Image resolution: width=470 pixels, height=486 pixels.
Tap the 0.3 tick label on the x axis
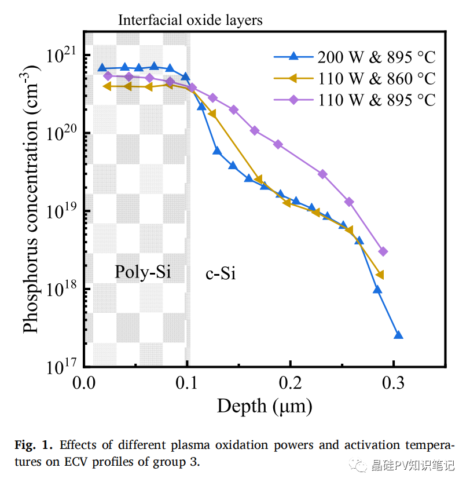point(394,383)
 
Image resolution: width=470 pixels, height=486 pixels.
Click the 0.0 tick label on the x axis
point(84,383)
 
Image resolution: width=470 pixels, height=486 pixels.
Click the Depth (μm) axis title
point(265,406)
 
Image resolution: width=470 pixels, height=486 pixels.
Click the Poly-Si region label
point(142,272)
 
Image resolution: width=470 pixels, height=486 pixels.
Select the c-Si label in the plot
point(221,273)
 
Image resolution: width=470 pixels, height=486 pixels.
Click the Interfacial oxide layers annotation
point(190,20)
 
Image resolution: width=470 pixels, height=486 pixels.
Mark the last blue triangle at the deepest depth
point(398,335)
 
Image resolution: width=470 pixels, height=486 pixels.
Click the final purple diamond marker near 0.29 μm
point(383,251)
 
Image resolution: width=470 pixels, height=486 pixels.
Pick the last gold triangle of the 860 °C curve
point(380,275)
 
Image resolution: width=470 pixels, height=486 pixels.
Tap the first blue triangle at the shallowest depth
point(102,68)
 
